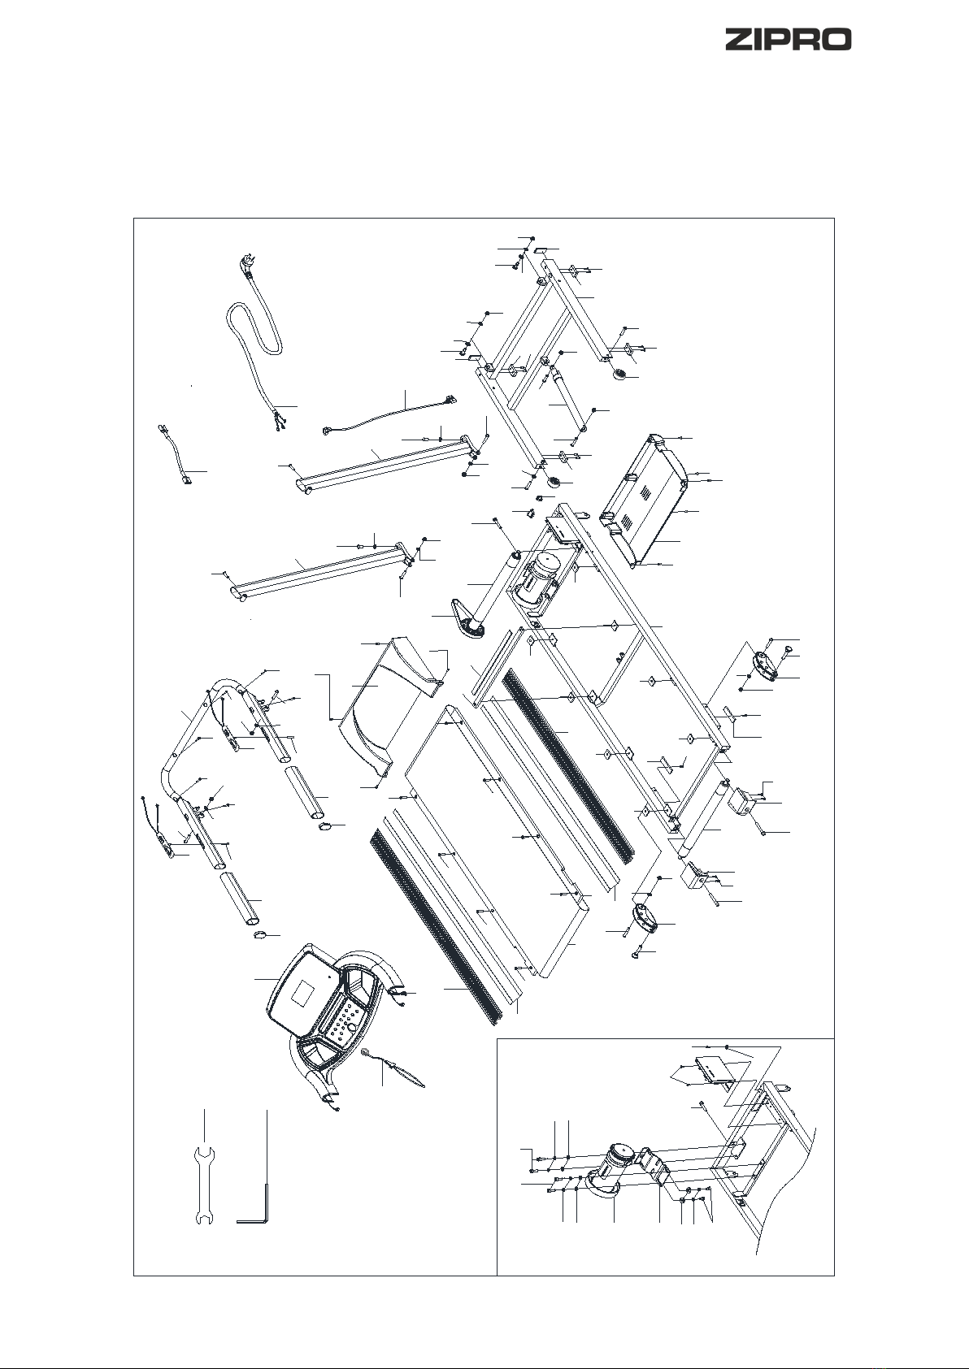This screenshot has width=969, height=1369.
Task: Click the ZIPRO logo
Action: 788,40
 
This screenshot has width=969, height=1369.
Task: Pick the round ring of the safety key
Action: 366,1051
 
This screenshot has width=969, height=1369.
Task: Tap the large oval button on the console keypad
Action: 353,1028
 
